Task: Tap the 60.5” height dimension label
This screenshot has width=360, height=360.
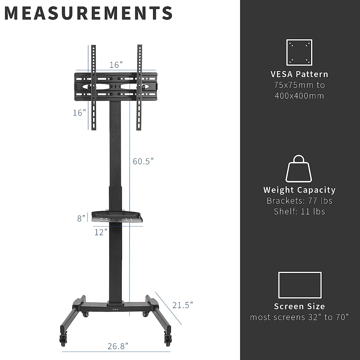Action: coord(143,161)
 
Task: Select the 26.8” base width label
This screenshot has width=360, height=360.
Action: coord(118,346)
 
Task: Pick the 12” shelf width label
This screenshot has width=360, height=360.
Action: coord(101,232)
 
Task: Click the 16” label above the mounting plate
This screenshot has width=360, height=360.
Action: coord(116,65)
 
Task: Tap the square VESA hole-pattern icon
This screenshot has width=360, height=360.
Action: coord(299,52)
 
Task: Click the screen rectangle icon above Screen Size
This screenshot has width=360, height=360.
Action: coord(300,285)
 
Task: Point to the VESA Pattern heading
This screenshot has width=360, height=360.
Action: coord(299,74)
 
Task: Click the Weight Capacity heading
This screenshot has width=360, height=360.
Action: coord(299,190)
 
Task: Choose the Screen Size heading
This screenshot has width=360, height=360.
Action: coord(299,306)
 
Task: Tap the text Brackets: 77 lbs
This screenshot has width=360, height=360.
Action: coord(299,201)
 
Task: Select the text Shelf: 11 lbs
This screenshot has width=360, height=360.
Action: coord(299,211)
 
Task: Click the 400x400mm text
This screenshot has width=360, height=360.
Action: coord(299,96)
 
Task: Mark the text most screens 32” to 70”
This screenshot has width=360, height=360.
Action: coord(299,317)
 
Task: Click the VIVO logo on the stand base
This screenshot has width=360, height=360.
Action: coord(115,307)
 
